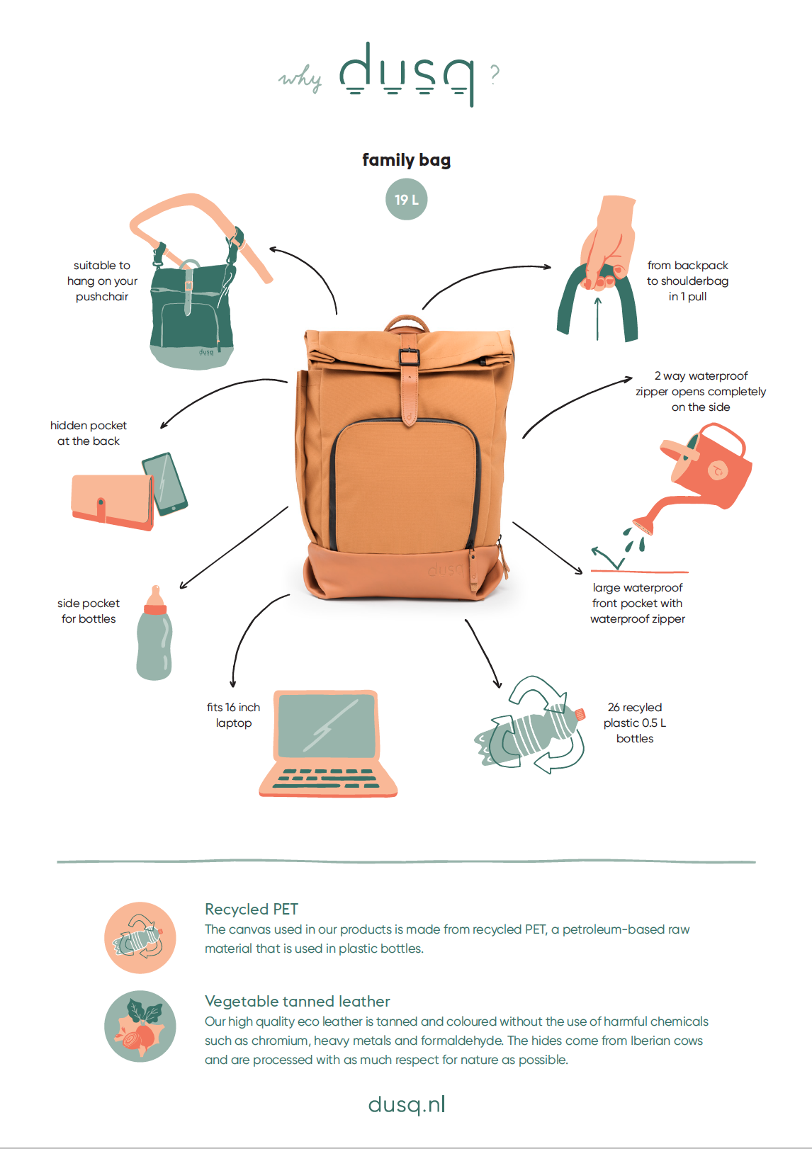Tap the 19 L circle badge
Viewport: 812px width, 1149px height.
click(x=406, y=199)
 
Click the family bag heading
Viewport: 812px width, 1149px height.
click(x=406, y=160)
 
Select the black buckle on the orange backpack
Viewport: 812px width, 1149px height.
click(x=409, y=357)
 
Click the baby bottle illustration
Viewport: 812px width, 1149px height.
click(x=154, y=633)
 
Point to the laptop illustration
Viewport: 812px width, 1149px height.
click(x=328, y=743)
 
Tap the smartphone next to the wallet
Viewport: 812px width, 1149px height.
click(x=164, y=483)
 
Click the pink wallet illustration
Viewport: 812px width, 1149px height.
click(x=113, y=502)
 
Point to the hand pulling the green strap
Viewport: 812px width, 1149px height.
click(x=608, y=241)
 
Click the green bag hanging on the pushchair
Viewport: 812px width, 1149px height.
click(x=191, y=318)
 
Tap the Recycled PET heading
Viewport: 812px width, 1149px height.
click(x=252, y=909)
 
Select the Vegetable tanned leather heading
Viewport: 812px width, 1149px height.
click(x=298, y=1001)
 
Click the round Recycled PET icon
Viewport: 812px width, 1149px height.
click(x=140, y=938)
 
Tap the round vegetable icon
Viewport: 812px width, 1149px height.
click(x=140, y=1026)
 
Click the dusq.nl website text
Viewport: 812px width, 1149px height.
click(x=406, y=1104)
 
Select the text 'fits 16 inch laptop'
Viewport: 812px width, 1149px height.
click(x=233, y=715)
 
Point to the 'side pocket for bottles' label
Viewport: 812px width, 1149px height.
click(x=89, y=611)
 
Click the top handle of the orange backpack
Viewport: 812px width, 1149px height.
click(x=407, y=322)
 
